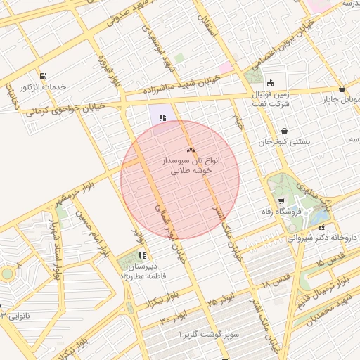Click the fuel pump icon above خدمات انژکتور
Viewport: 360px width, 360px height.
point(44,76)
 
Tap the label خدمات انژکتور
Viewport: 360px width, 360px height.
point(44,87)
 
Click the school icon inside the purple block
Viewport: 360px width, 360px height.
point(162,117)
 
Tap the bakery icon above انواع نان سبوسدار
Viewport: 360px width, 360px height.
point(190,150)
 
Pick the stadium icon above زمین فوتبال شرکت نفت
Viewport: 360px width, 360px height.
point(270,83)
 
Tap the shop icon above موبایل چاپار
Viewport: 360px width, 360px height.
point(342,89)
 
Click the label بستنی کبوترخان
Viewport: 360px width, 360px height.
point(283,142)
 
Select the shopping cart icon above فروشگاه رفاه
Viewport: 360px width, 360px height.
point(281,202)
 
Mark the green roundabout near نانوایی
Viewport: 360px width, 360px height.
point(7,273)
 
